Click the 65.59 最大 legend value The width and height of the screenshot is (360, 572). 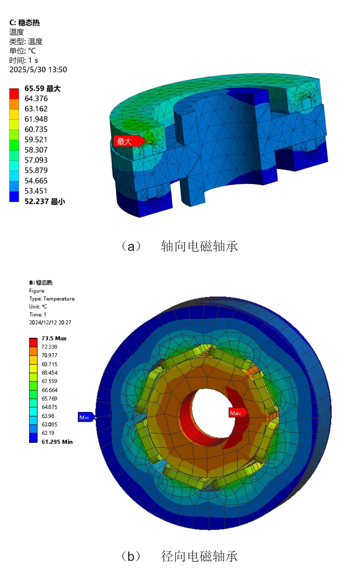[x=43, y=88]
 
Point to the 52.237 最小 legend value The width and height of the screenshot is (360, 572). [x=45, y=201]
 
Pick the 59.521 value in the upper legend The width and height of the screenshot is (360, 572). [x=36, y=140]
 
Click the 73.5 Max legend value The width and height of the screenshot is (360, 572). [x=54, y=338]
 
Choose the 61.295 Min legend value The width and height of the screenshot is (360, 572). [x=57, y=442]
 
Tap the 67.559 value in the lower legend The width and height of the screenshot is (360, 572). [x=49, y=381]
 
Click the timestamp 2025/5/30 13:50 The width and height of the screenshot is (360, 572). [x=38, y=70]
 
